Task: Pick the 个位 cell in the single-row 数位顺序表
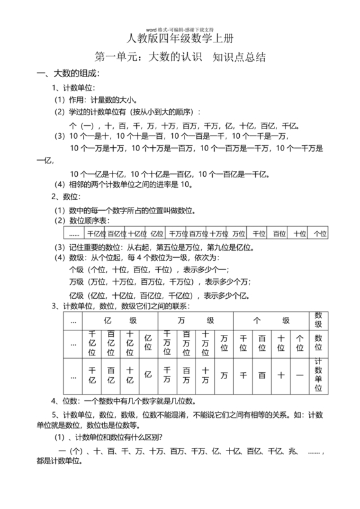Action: [x=319, y=234]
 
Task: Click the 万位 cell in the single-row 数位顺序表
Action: [x=239, y=234]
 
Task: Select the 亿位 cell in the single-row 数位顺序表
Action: [x=157, y=234]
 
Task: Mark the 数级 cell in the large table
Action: [x=318, y=320]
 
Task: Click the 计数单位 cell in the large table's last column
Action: [x=318, y=375]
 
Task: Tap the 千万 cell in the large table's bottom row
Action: [x=167, y=375]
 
